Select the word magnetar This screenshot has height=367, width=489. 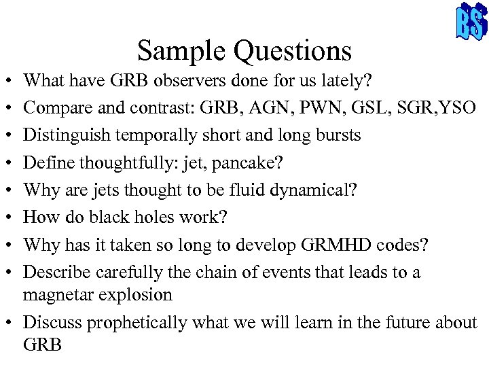(54, 295)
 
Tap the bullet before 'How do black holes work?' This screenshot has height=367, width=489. (10, 218)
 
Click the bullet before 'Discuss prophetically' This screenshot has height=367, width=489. (10, 322)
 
